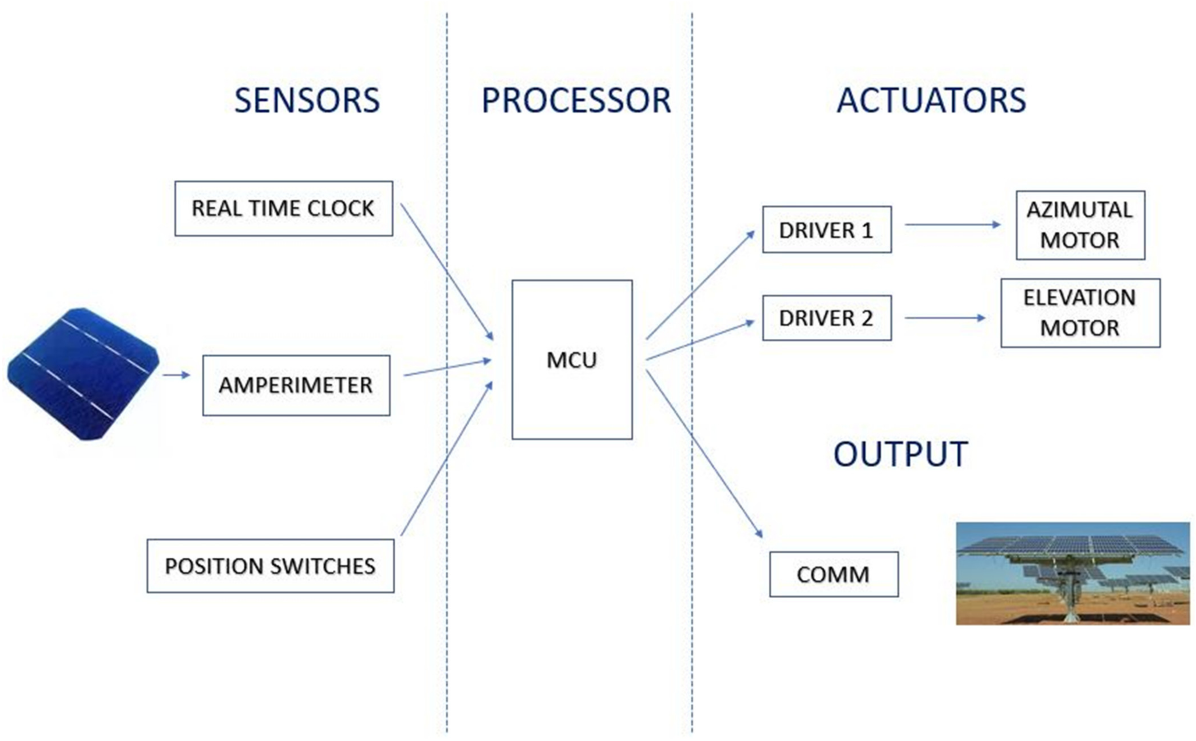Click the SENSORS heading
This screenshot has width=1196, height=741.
pyautogui.click(x=307, y=100)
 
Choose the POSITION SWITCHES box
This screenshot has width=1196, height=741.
pyautogui.click(x=270, y=566)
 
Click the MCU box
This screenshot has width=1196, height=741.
pyautogui.click(x=572, y=360)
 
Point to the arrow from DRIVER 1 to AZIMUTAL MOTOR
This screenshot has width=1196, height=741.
pyautogui.click(x=952, y=225)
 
